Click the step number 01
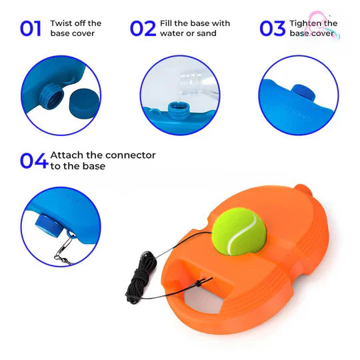tap(31, 28)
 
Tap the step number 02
tap(143, 28)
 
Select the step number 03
tap(271, 28)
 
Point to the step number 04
tap(33, 161)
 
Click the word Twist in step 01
tap(63, 23)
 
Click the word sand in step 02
tap(207, 33)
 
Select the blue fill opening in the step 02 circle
tap(177, 107)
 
